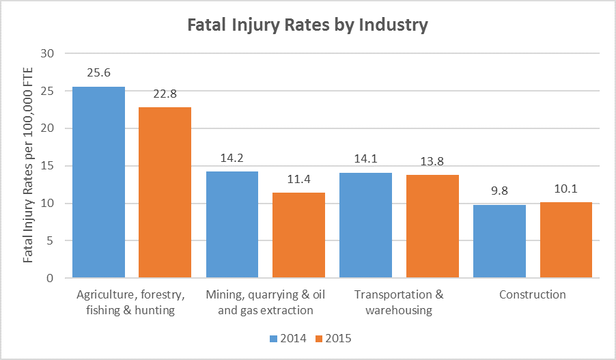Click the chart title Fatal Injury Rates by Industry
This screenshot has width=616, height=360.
pyautogui.click(x=307, y=25)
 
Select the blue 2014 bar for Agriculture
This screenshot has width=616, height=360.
pyautogui.click(x=98, y=182)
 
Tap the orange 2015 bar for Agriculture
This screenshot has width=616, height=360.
pyautogui.click(x=165, y=193)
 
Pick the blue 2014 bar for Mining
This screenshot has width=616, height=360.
pyautogui.click(x=232, y=225)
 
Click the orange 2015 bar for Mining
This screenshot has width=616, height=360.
pyautogui.click(x=298, y=235)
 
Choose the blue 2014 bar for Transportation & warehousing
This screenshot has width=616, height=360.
pyautogui.click(x=365, y=225)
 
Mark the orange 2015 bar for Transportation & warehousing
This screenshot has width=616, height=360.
pyautogui.click(x=432, y=226)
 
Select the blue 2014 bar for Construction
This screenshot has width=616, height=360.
pyautogui.click(x=499, y=241)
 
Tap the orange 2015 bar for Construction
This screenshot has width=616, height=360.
pyautogui.click(x=565, y=240)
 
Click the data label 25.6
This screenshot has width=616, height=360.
pyautogui.click(x=98, y=73)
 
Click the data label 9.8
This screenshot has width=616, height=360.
pyautogui.click(x=499, y=191)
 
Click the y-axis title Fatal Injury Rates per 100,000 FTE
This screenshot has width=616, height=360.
pyautogui.click(x=29, y=166)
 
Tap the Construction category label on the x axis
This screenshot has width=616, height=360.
pyautogui.click(x=532, y=295)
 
